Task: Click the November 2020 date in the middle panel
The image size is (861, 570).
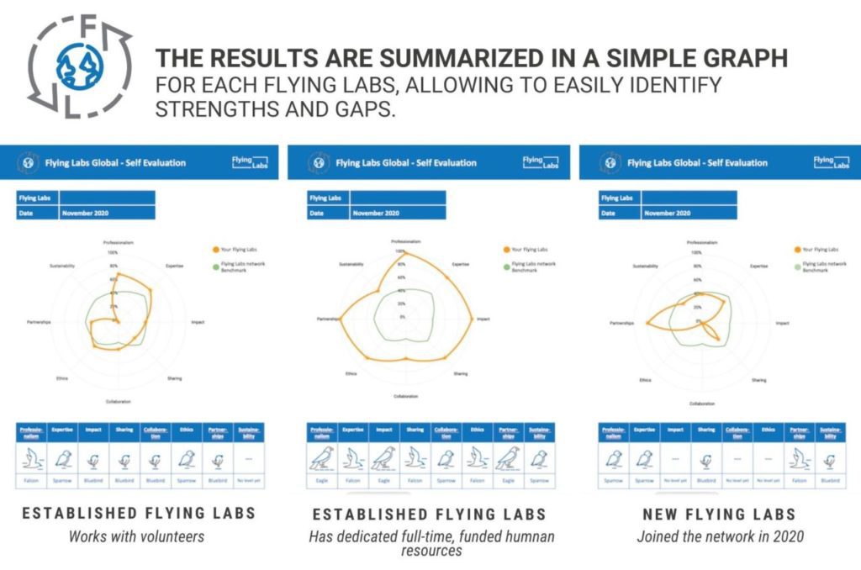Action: pyautogui.click(x=376, y=214)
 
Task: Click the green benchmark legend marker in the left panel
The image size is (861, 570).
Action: pyautogui.click(x=215, y=266)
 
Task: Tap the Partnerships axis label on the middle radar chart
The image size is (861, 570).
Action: pyautogui.click(x=327, y=319)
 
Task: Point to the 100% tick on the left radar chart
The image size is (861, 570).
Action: pyautogui.click(x=113, y=252)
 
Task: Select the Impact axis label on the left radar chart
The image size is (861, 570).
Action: pyautogui.click(x=198, y=322)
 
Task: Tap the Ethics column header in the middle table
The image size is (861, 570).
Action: pyautogui.click(x=476, y=430)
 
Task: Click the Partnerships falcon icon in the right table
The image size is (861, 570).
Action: pyautogui.click(x=799, y=459)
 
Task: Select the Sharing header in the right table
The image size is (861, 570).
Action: pyautogui.click(x=705, y=430)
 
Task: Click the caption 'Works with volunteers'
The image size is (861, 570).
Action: pyautogui.click(x=136, y=536)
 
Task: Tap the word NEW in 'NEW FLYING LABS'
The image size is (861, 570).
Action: pyautogui.click(x=662, y=514)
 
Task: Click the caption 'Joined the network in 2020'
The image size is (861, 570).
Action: pyautogui.click(x=720, y=536)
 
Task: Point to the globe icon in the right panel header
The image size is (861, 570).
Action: pyautogui.click(x=611, y=162)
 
